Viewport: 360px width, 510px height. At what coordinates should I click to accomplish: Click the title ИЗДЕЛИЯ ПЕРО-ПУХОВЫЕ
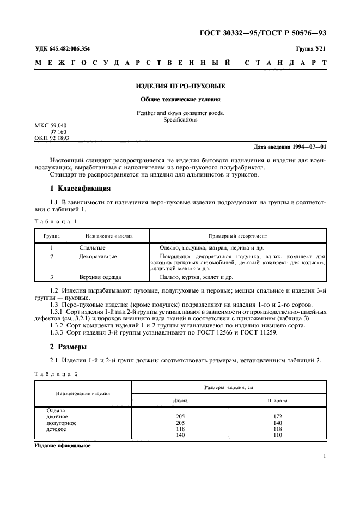pos(180,86)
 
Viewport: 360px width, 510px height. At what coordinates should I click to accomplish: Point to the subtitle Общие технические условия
pos(180,100)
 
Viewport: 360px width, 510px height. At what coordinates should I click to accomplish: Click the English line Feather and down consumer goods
pos(180,113)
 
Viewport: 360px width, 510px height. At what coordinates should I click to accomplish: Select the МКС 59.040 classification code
pos(51,126)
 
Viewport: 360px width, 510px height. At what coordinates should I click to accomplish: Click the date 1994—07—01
pos(309,147)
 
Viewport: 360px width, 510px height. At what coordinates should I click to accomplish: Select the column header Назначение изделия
pos(109,236)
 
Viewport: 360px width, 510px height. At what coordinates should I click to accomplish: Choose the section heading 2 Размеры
pos(69,347)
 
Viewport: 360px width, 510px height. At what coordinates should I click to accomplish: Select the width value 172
pos(278,416)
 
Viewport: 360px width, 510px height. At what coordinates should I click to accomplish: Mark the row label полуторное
pos(62,423)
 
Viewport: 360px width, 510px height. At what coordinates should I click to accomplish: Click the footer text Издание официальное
pos(63,445)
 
